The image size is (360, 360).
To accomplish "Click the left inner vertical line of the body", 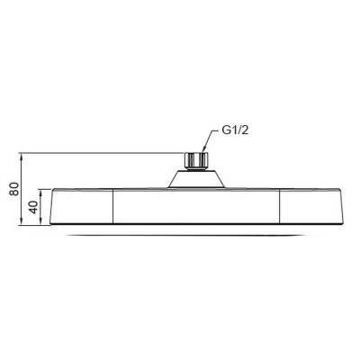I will pyautogui.click(x=112, y=207).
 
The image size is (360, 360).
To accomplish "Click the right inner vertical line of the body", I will pyautogui.click(x=283, y=207).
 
